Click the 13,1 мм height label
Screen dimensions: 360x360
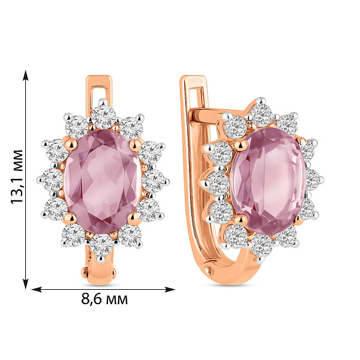(x=17, y=176)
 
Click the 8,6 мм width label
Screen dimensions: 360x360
(x=104, y=299)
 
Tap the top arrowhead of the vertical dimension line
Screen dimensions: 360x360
(x=26, y=76)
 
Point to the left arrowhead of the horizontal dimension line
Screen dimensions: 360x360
(x=36, y=289)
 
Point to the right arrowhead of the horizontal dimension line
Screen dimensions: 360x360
(x=170, y=289)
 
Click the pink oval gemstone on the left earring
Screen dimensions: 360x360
(x=103, y=181)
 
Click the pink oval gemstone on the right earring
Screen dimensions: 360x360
(x=268, y=181)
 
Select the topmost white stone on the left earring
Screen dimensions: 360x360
(x=103, y=116)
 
